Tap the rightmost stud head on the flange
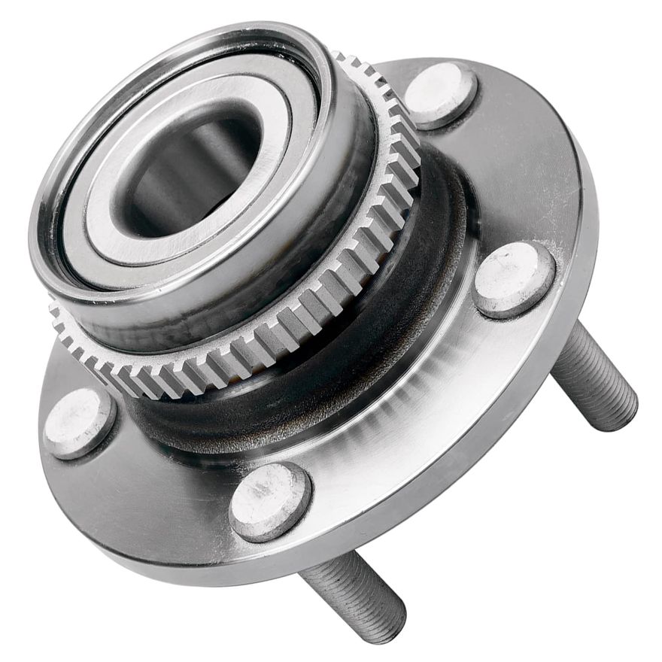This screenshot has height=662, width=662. click(515, 278)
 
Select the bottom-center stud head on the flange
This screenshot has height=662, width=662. click(269, 501)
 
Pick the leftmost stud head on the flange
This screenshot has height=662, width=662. click(79, 423)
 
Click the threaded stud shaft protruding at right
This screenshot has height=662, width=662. click(594, 380)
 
